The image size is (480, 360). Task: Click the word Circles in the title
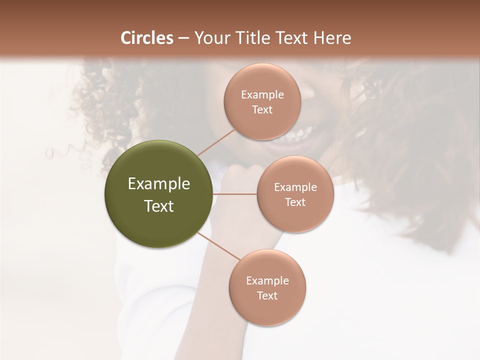[147, 38]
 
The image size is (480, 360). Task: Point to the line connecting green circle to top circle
[216, 142]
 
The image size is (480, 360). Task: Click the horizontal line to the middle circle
[235, 194]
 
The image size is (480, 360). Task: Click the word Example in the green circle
[159, 184]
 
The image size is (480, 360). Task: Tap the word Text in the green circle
[159, 206]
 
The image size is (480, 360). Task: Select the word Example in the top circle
[262, 95]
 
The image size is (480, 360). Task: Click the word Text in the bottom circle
[267, 296]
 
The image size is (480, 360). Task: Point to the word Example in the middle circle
[295, 187]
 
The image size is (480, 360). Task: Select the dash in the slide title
[183, 38]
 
